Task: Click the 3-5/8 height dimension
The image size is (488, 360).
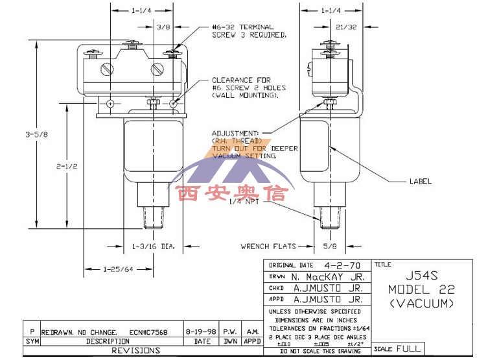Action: pos(36,135)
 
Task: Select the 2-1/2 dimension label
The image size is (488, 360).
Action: pos(67,167)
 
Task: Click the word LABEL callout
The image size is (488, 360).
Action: pos(419,181)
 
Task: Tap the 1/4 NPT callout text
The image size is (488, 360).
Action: pos(244,202)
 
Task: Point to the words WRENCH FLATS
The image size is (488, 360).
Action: pos(268,246)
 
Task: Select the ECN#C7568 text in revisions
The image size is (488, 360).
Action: pos(148,331)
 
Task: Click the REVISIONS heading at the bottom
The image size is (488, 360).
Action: pos(136,350)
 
